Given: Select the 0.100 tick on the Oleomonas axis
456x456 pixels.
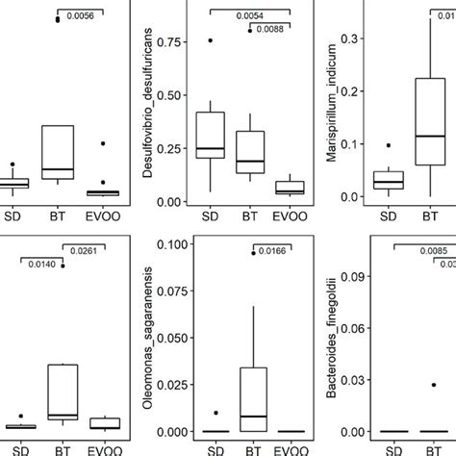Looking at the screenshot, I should [x=171, y=243].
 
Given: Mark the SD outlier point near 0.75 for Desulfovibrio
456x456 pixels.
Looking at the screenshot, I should [x=209, y=41].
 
